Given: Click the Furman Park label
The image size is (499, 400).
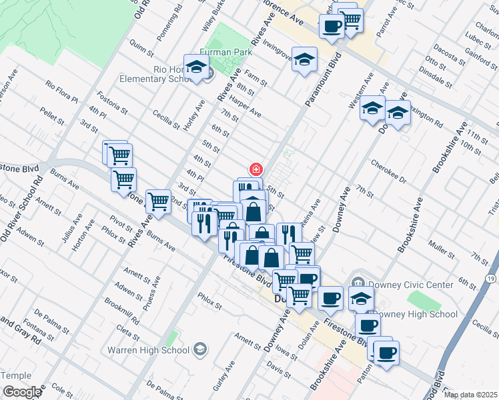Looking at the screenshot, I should pos(221,51).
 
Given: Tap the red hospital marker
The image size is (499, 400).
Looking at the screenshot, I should pos(255,169).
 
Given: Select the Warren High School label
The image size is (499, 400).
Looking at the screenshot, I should pos(157,349).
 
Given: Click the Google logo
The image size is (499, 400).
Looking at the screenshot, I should pos(21,392).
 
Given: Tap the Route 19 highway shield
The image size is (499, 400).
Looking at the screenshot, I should pos(491,277).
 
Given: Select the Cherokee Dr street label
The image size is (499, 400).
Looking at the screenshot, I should pos(389,171).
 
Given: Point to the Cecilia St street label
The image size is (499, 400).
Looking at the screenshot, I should pos(166,119).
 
